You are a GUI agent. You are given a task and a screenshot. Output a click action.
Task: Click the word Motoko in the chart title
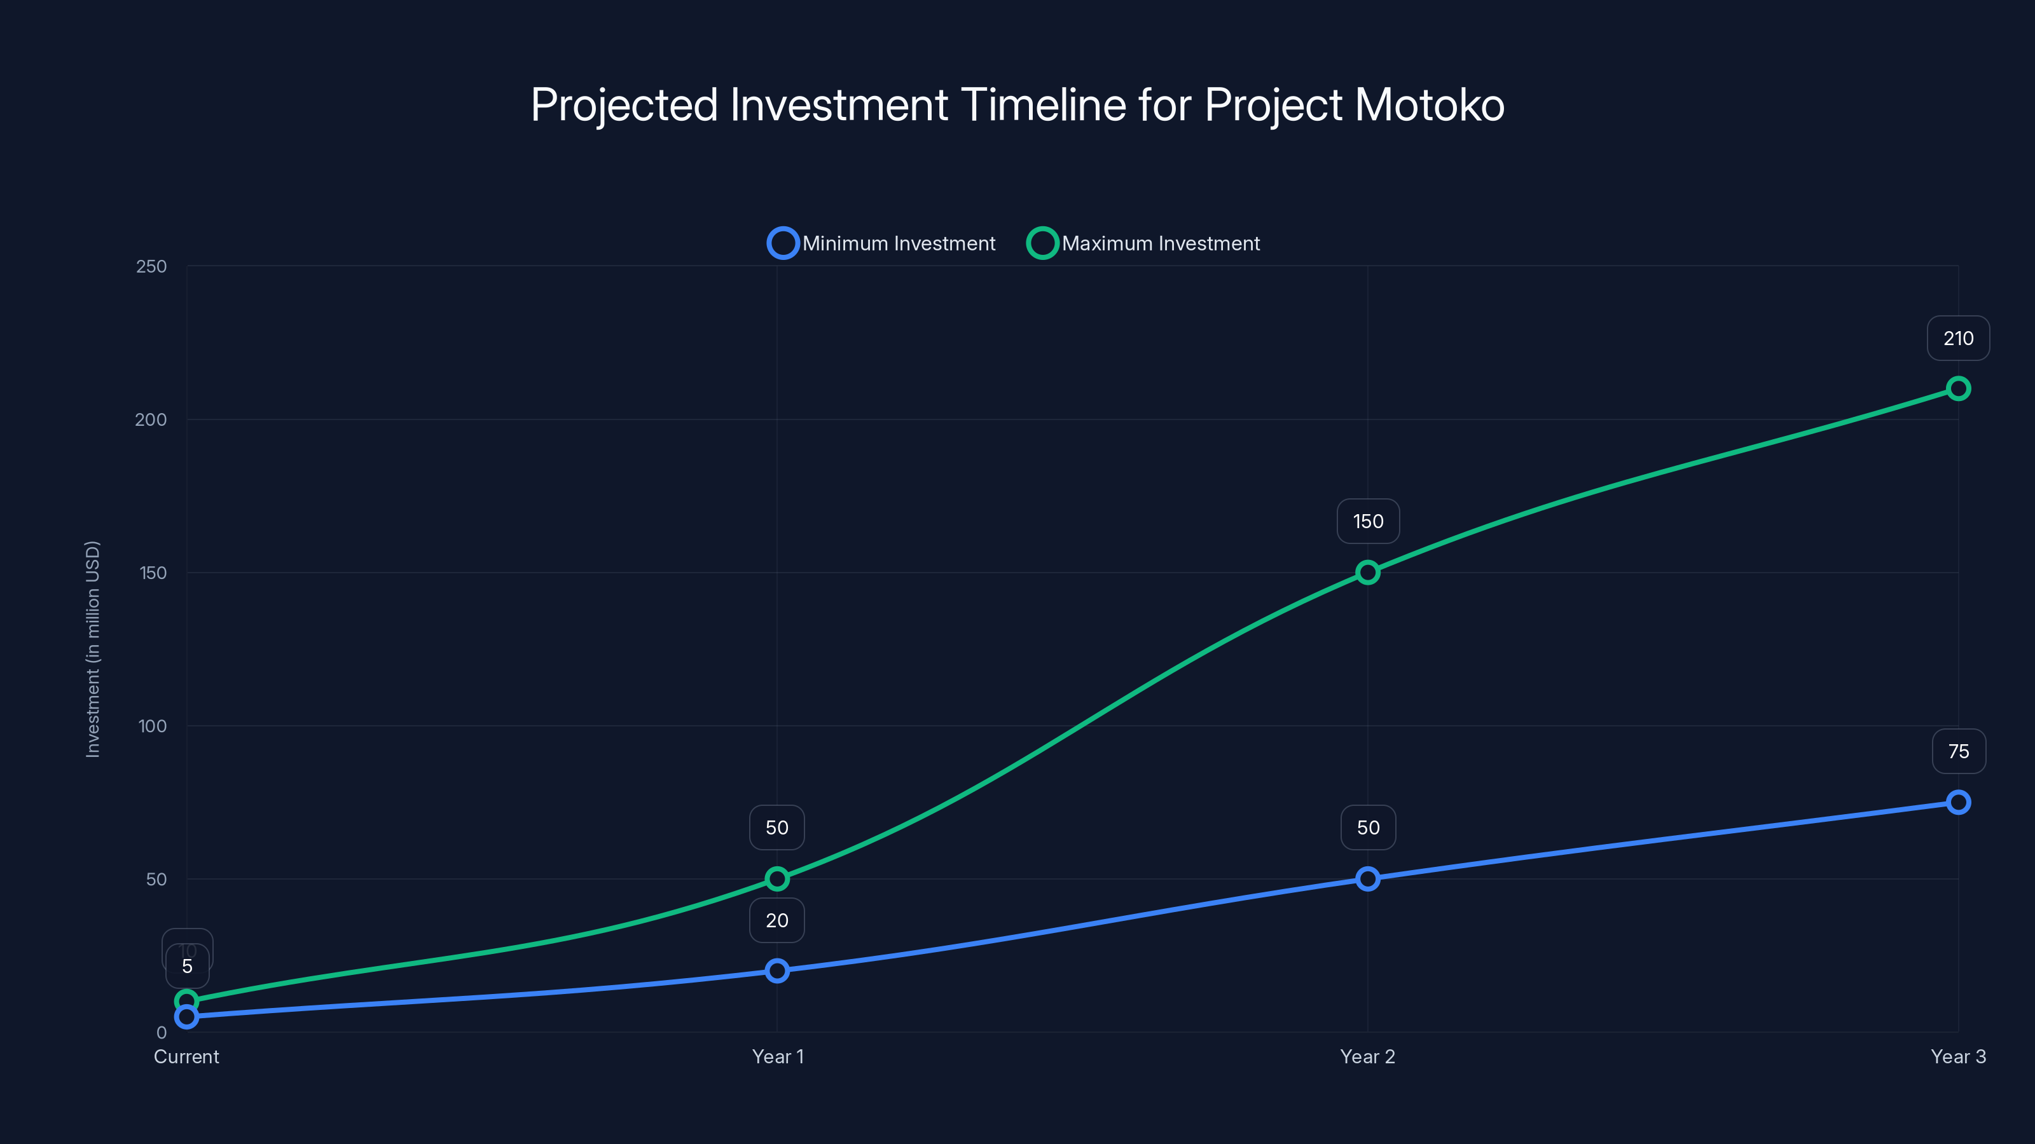pos(1429,105)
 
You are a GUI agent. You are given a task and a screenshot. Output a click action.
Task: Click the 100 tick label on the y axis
pos(153,726)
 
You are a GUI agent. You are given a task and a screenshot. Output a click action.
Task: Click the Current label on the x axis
pos(186,1056)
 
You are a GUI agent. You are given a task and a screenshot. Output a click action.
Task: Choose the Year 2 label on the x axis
pos(1367,1056)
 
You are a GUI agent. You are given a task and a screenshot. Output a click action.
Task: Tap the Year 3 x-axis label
pos(1957,1056)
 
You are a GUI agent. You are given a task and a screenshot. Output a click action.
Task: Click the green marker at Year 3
pos(1957,388)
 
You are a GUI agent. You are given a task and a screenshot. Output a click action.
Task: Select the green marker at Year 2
pos(1367,573)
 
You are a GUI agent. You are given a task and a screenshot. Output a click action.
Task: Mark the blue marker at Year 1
pos(777,970)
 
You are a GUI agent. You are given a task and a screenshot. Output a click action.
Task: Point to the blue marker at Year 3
pos(1957,802)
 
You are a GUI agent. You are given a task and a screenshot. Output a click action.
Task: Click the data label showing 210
pos(1957,339)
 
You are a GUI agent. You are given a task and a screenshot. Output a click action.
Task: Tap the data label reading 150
pos(1367,521)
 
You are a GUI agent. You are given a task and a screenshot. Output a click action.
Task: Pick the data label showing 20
pos(777,920)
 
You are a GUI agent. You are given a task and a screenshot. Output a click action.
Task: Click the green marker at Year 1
pos(777,879)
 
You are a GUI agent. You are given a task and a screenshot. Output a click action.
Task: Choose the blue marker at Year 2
pos(1367,879)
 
